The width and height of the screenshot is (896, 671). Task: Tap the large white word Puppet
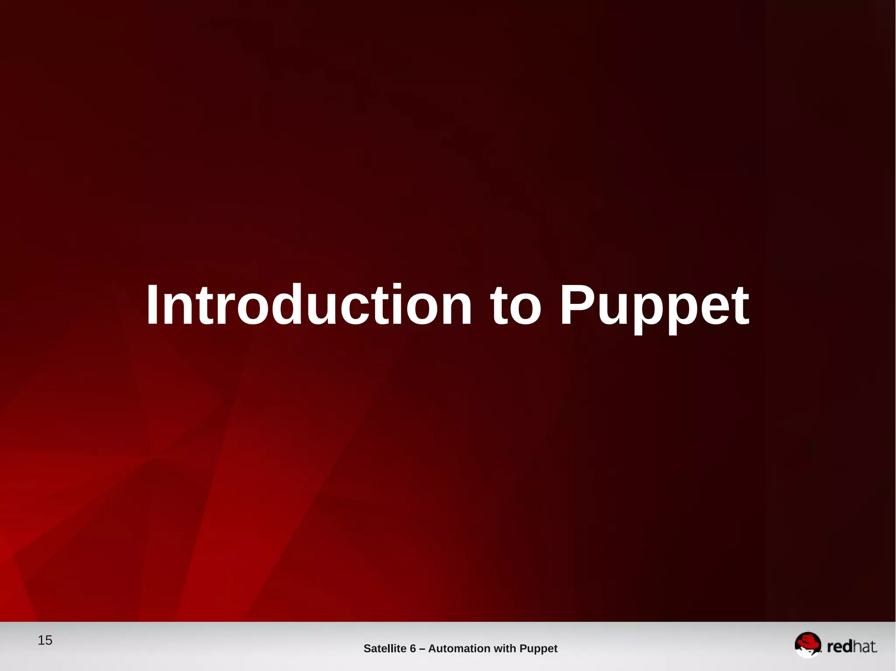pos(654,306)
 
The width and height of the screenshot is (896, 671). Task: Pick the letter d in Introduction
pos(289,305)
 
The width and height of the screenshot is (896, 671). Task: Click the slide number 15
pos(45,640)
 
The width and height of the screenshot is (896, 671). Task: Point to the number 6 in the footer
pos(413,648)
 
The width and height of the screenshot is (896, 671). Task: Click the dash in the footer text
pos(422,649)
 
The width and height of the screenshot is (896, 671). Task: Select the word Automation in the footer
pos(459,648)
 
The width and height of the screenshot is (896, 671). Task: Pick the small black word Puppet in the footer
pos(538,649)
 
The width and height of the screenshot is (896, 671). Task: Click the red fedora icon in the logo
pos(808,643)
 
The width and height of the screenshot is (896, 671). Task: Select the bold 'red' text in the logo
pos(839,647)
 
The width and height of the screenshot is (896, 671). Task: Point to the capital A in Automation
pos(432,648)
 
